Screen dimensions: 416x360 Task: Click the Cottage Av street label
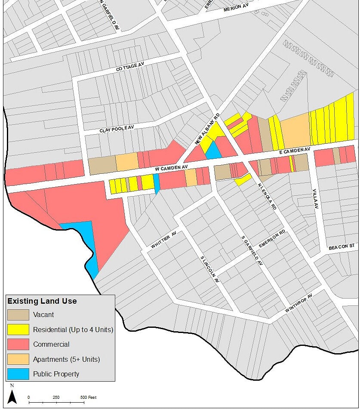tap(129, 67)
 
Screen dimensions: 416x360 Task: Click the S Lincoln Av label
tap(210, 269)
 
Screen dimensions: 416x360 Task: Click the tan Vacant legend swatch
tap(18, 314)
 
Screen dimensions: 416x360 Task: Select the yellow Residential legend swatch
tap(18, 330)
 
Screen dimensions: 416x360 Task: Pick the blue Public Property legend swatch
tap(18, 373)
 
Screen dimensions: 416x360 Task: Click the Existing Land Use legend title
tap(42, 301)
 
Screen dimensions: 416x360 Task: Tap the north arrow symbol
tap(12, 397)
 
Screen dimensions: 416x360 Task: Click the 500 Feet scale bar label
tap(89, 397)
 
